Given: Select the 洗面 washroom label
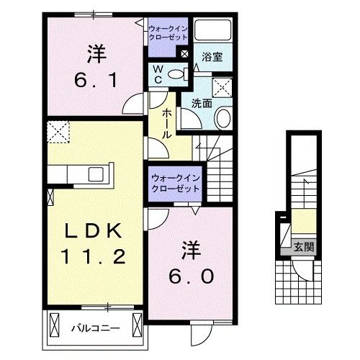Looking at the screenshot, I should click(x=201, y=103).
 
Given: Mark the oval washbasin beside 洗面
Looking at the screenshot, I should click(x=222, y=118).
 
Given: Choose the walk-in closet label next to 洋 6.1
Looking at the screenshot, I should click(x=168, y=32).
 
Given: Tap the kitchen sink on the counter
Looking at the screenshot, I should click(x=95, y=174).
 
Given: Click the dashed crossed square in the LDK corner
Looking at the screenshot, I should click(x=56, y=131).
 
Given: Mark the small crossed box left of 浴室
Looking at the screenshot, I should click(x=185, y=53).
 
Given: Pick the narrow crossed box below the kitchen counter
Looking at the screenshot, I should click(x=50, y=195).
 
